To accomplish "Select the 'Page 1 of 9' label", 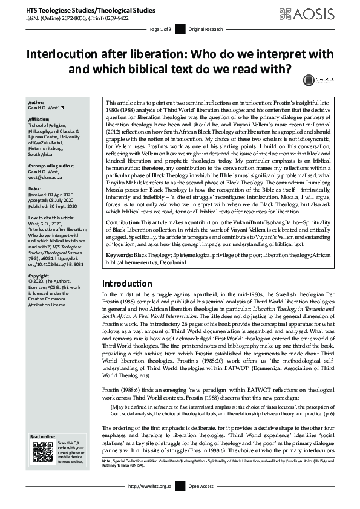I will (161, 30).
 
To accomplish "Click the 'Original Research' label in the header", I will (206, 30).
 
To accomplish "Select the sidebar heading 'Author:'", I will (36, 102).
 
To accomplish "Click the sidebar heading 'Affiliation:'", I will (41, 120).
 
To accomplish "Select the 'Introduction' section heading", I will (127, 283).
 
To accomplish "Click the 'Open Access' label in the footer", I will (201, 502).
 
